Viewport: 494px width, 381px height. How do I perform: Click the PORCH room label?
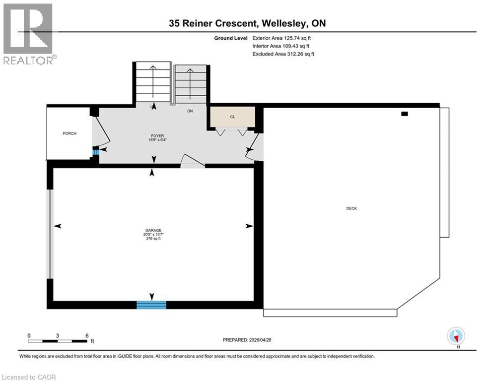click(70, 133)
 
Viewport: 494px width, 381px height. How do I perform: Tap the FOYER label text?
click(158, 135)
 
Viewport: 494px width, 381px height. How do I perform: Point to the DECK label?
click(352, 208)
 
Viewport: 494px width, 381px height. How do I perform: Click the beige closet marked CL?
click(232, 117)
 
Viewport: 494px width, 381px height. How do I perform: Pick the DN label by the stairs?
click(190, 111)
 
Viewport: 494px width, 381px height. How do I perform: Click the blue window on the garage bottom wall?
click(151, 305)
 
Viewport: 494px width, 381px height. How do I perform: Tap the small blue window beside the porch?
click(96, 152)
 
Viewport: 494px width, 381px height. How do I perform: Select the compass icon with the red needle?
click(456, 336)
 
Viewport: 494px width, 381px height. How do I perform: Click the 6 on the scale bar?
click(87, 335)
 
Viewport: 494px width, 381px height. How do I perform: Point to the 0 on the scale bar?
click(29, 335)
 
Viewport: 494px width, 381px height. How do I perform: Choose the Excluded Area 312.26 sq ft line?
click(283, 54)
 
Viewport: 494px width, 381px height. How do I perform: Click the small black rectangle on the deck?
click(404, 114)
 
